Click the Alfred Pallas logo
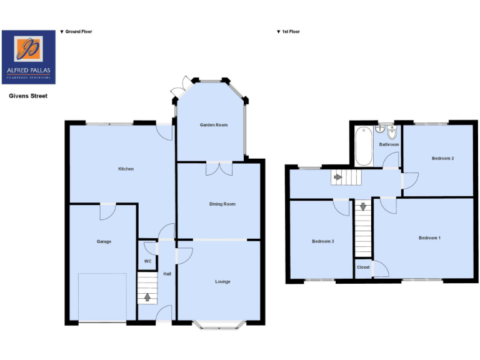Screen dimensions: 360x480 coord(29,57)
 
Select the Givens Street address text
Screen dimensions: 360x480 coord(27,96)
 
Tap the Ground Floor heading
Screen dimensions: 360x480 coord(76,31)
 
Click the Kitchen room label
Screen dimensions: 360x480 coord(126,169)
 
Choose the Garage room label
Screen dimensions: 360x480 coord(104,241)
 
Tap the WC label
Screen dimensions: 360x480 coord(147,261)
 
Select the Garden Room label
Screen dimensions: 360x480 coord(214,125)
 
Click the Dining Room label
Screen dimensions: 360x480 coord(222,204)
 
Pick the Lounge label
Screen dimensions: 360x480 coord(223,281)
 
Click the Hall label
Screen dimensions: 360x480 coord(167,274)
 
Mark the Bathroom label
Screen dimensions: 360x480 coord(389,144)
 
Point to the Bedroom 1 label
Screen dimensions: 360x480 coord(429,237)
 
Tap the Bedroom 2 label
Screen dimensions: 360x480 coord(442,158)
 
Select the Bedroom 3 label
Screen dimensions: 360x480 coord(323,241)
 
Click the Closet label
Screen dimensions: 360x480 coord(363,267)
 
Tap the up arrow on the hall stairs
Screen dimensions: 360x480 coord(147,297)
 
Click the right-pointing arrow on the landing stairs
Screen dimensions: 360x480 coord(337,177)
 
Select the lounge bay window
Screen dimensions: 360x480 coord(218,323)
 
